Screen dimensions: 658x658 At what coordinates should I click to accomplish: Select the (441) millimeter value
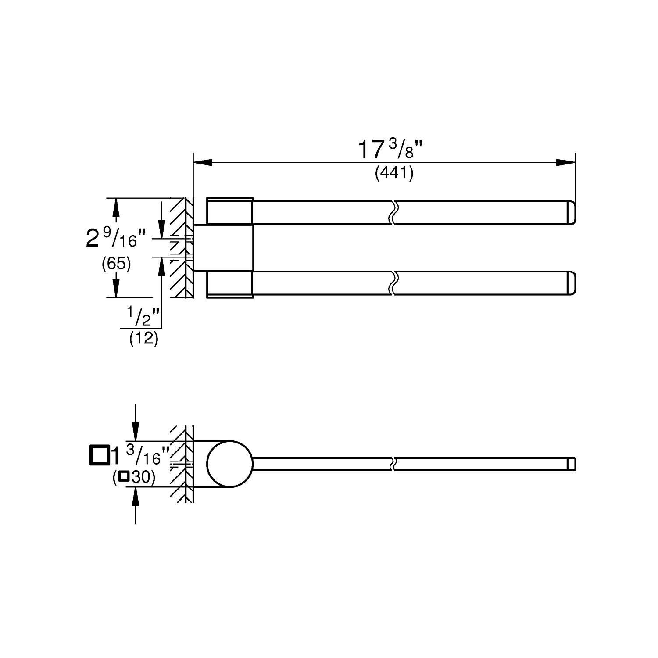pos(393,174)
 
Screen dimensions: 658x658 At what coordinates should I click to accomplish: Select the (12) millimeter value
pos(143,339)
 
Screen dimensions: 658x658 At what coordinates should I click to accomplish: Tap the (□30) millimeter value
pos(134,477)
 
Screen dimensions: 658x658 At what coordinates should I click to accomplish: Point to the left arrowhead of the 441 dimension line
pos(201,162)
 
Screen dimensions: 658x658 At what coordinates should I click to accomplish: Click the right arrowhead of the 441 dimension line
pos(566,162)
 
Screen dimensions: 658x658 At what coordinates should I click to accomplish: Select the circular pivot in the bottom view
pos(230,464)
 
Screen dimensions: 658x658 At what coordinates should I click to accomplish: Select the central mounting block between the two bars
pos(224,248)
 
